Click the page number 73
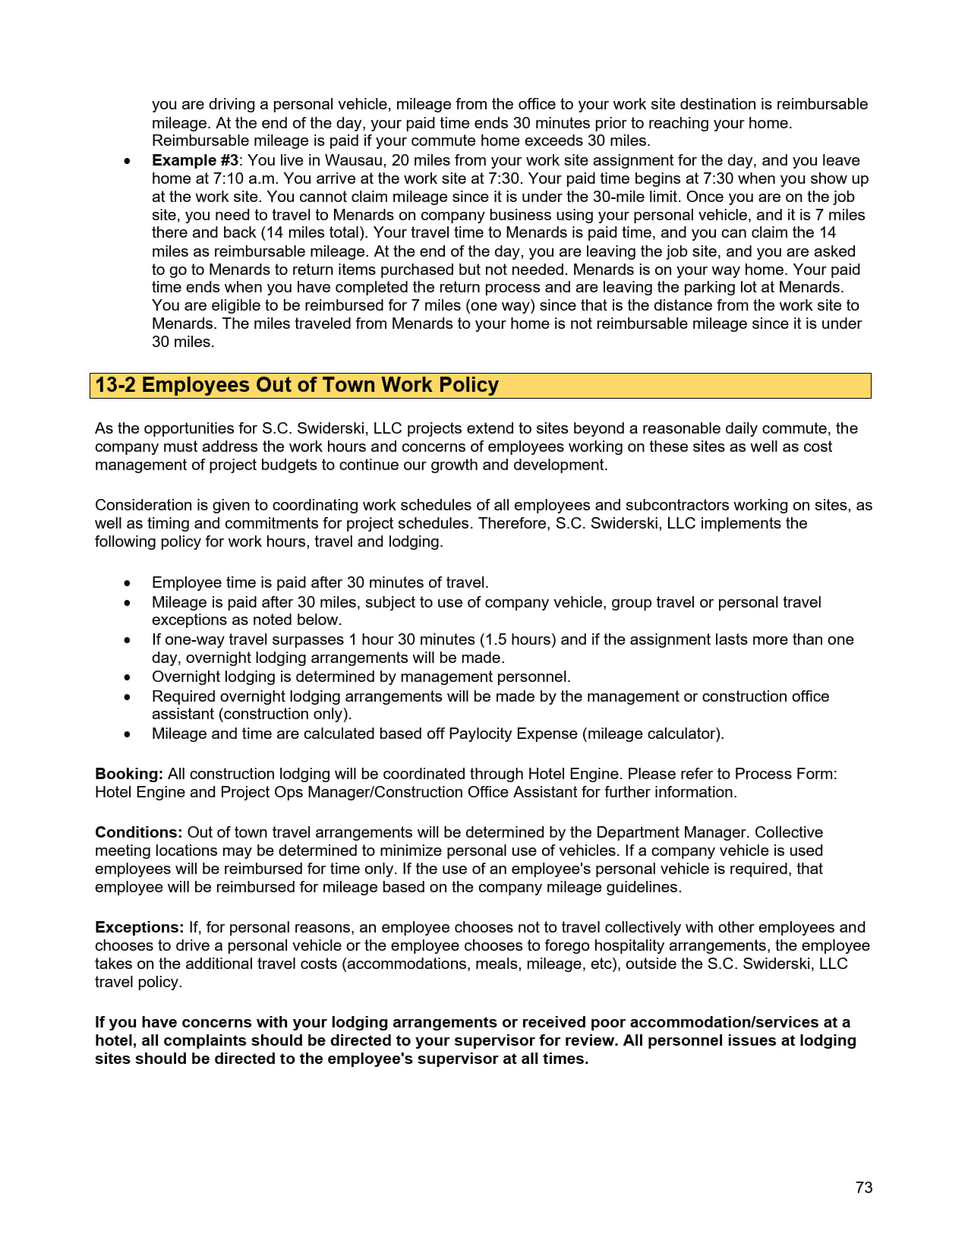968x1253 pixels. point(863,1188)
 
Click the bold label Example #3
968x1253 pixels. point(195,160)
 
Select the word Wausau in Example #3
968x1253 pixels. point(352,160)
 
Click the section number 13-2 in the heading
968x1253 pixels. point(115,385)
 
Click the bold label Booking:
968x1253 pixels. point(128,774)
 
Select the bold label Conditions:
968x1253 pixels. point(138,832)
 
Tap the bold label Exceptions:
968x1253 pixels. point(139,927)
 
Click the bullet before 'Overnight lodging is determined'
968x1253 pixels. point(128,677)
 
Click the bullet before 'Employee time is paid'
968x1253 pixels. point(128,583)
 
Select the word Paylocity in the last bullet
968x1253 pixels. point(481,734)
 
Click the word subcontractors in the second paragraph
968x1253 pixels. point(652,505)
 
